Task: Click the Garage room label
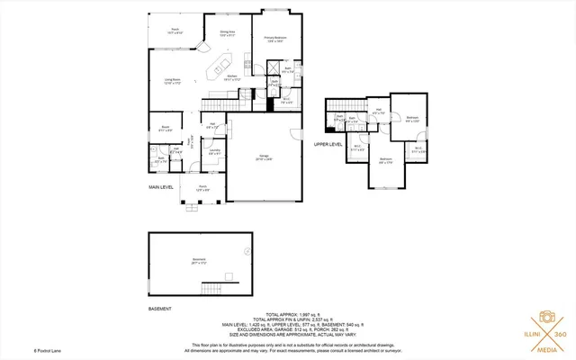tap(265, 158)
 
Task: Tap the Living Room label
tap(172, 82)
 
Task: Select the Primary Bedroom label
tap(274, 39)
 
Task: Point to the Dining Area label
tap(228, 34)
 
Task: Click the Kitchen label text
tap(231, 79)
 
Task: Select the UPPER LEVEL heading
tap(328, 144)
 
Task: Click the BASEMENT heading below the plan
tap(160, 294)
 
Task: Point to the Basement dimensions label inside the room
tap(200, 262)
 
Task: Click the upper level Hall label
tap(379, 112)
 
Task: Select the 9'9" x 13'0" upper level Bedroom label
tap(411, 120)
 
